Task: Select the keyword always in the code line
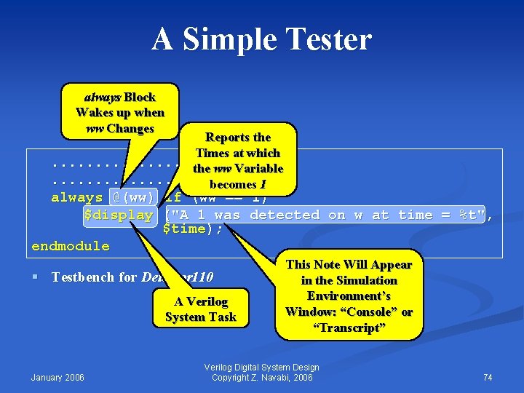(76, 198)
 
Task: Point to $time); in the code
(192, 229)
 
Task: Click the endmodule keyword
(71, 246)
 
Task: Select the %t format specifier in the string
(476, 215)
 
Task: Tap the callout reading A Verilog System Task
(201, 309)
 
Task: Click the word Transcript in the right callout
(349, 327)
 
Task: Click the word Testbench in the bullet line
(82, 277)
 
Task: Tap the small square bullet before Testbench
(35, 277)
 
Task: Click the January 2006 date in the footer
(57, 377)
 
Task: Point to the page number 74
(487, 377)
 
